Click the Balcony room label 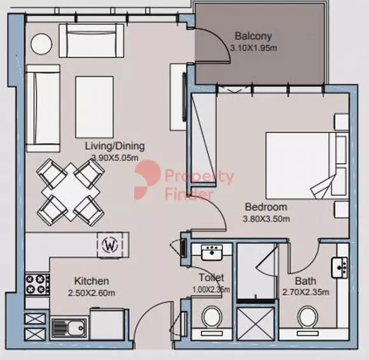point(253,36)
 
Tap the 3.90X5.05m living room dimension point(115,157)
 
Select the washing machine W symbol point(110,245)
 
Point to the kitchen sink point(69,328)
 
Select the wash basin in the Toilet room point(212,253)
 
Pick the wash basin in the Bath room point(339,268)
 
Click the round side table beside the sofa point(41,44)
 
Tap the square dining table point(71,192)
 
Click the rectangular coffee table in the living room point(95,107)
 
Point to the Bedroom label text point(266,207)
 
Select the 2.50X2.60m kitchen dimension point(92,293)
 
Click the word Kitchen point(92,281)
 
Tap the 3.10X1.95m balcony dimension point(253,48)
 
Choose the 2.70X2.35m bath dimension point(305,293)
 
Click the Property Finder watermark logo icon point(146,179)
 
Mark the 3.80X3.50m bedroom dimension point(266,219)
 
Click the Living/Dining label point(115,146)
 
